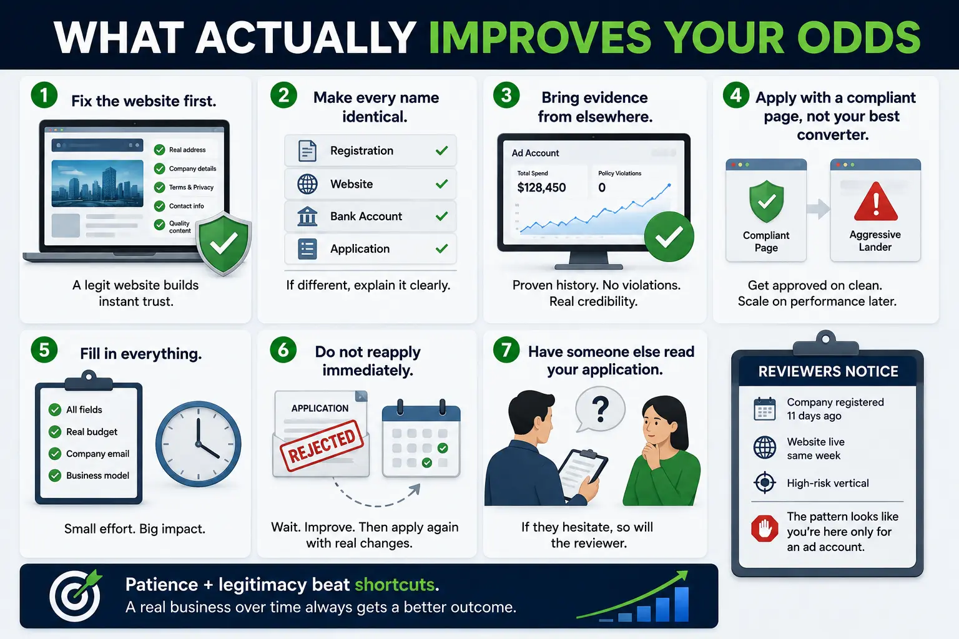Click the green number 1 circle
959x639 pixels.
coord(44,95)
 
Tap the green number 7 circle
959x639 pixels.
coord(506,349)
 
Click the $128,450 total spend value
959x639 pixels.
coord(541,187)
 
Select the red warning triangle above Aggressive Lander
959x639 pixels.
coord(875,202)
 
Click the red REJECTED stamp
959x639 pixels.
coord(322,445)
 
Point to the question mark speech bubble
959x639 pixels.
coord(600,409)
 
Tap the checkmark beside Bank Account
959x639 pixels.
coord(441,216)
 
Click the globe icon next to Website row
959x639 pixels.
coord(307,184)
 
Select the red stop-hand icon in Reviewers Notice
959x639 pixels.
coord(765,528)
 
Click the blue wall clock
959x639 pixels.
coord(198,444)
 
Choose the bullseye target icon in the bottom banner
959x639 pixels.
coord(76,595)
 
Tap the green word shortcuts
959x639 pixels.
coord(395,585)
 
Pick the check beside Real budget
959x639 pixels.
coord(55,431)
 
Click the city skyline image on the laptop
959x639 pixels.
coord(97,183)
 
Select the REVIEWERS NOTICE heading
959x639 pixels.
coord(828,371)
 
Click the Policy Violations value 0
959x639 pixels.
coord(602,187)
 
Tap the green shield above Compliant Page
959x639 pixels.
coord(766,201)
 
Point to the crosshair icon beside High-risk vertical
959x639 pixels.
coord(765,483)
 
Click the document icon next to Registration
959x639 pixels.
coord(307,150)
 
